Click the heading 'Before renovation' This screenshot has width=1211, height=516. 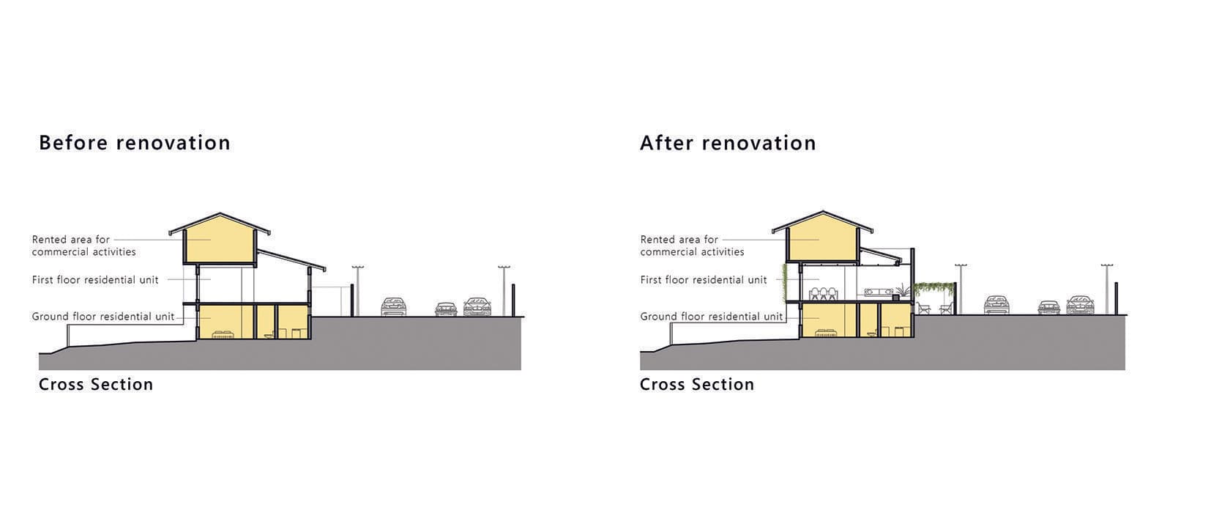click(x=134, y=142)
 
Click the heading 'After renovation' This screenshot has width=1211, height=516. click(x=728, y=142)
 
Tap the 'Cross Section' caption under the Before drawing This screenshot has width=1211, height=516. click(x=96, y=384)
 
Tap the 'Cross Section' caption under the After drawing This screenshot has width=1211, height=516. click(x=697, y=384)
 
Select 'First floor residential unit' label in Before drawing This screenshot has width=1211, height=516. click(x=95, y=280)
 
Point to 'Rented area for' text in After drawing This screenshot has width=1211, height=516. click(x=679, y=240)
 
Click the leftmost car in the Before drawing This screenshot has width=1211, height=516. click(x=393, y=306)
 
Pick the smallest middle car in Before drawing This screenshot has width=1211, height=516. click(x=446, y=309)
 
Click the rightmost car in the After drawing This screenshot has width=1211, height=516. click(x=1081, y=305)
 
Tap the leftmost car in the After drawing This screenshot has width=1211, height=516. click(x=996, y=305)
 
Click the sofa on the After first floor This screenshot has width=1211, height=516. click(x=877, y=292)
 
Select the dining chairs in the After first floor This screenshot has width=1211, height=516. click(x=826, y=294)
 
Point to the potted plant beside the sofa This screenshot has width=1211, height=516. click(x=901, y=291)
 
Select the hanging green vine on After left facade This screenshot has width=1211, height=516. click(x=785, y=282)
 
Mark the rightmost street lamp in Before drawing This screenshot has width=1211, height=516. click(x=504, y=290)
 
